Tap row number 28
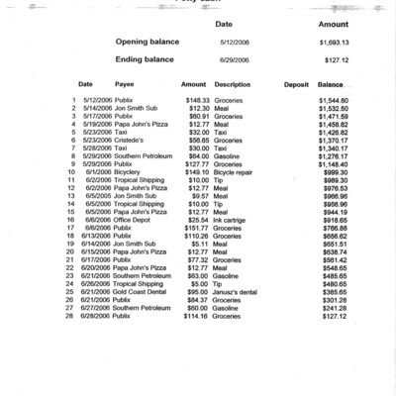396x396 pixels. (x=72, y=316)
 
